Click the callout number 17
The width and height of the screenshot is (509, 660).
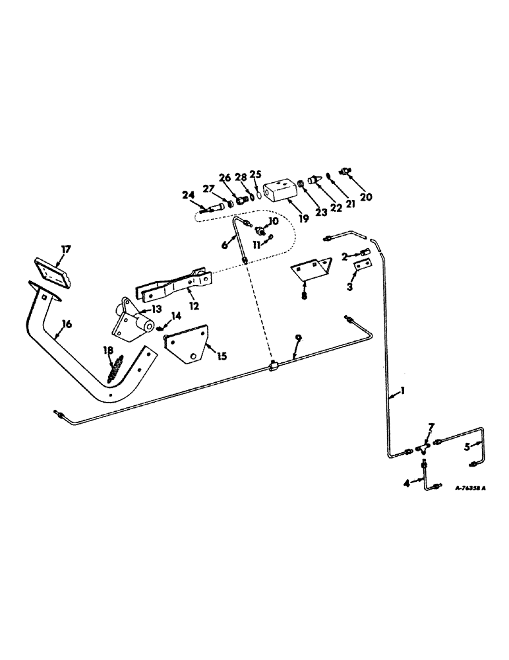pos(65,249)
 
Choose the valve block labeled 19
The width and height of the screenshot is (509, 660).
pos(282,193)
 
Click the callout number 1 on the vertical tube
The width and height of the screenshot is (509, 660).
pos(402,391)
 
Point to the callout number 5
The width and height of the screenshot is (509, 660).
pos(467,446)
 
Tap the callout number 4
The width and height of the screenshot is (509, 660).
pos(407,484)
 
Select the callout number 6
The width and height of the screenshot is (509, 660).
pos(225,244)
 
